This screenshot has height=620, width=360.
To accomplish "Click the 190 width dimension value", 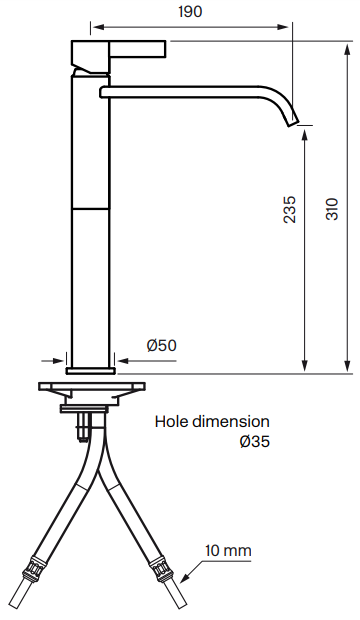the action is click(x=190, y=12).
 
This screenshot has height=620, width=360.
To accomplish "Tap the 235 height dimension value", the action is click(x=290, y=210).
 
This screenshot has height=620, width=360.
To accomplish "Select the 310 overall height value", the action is click(x=332, y=209).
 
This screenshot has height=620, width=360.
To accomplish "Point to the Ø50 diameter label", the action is click(x=161, y=345).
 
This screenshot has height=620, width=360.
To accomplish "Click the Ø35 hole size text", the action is click(x=255, y=441).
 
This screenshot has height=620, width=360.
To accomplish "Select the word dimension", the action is click(x=231, y=422).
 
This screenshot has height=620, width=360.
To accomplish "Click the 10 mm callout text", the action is click(x=228, y=550).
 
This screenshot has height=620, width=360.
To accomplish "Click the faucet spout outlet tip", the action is click(x=293, y=121).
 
